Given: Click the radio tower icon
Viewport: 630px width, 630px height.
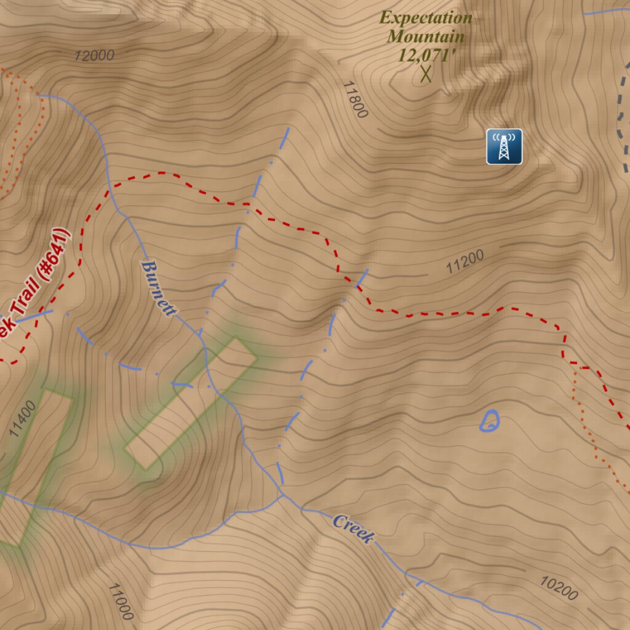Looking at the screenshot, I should coord(504,146).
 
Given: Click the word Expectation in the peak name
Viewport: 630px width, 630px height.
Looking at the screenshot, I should coord(426,18).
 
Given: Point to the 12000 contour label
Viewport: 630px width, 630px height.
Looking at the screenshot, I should coord(94,55).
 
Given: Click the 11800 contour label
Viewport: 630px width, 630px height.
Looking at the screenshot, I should coord(355,99).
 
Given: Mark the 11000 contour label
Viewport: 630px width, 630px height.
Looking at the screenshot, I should coord(120,601).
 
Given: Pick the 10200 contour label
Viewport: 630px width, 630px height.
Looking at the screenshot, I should coord(559,588).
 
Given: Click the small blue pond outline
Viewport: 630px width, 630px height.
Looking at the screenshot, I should coord(490,421).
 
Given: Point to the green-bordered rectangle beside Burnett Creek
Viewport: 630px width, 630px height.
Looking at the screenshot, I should coord(191,403).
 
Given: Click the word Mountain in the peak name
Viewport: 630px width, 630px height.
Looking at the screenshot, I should coord(426,36).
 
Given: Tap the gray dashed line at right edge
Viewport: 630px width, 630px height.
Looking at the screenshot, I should coord(623,117).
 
